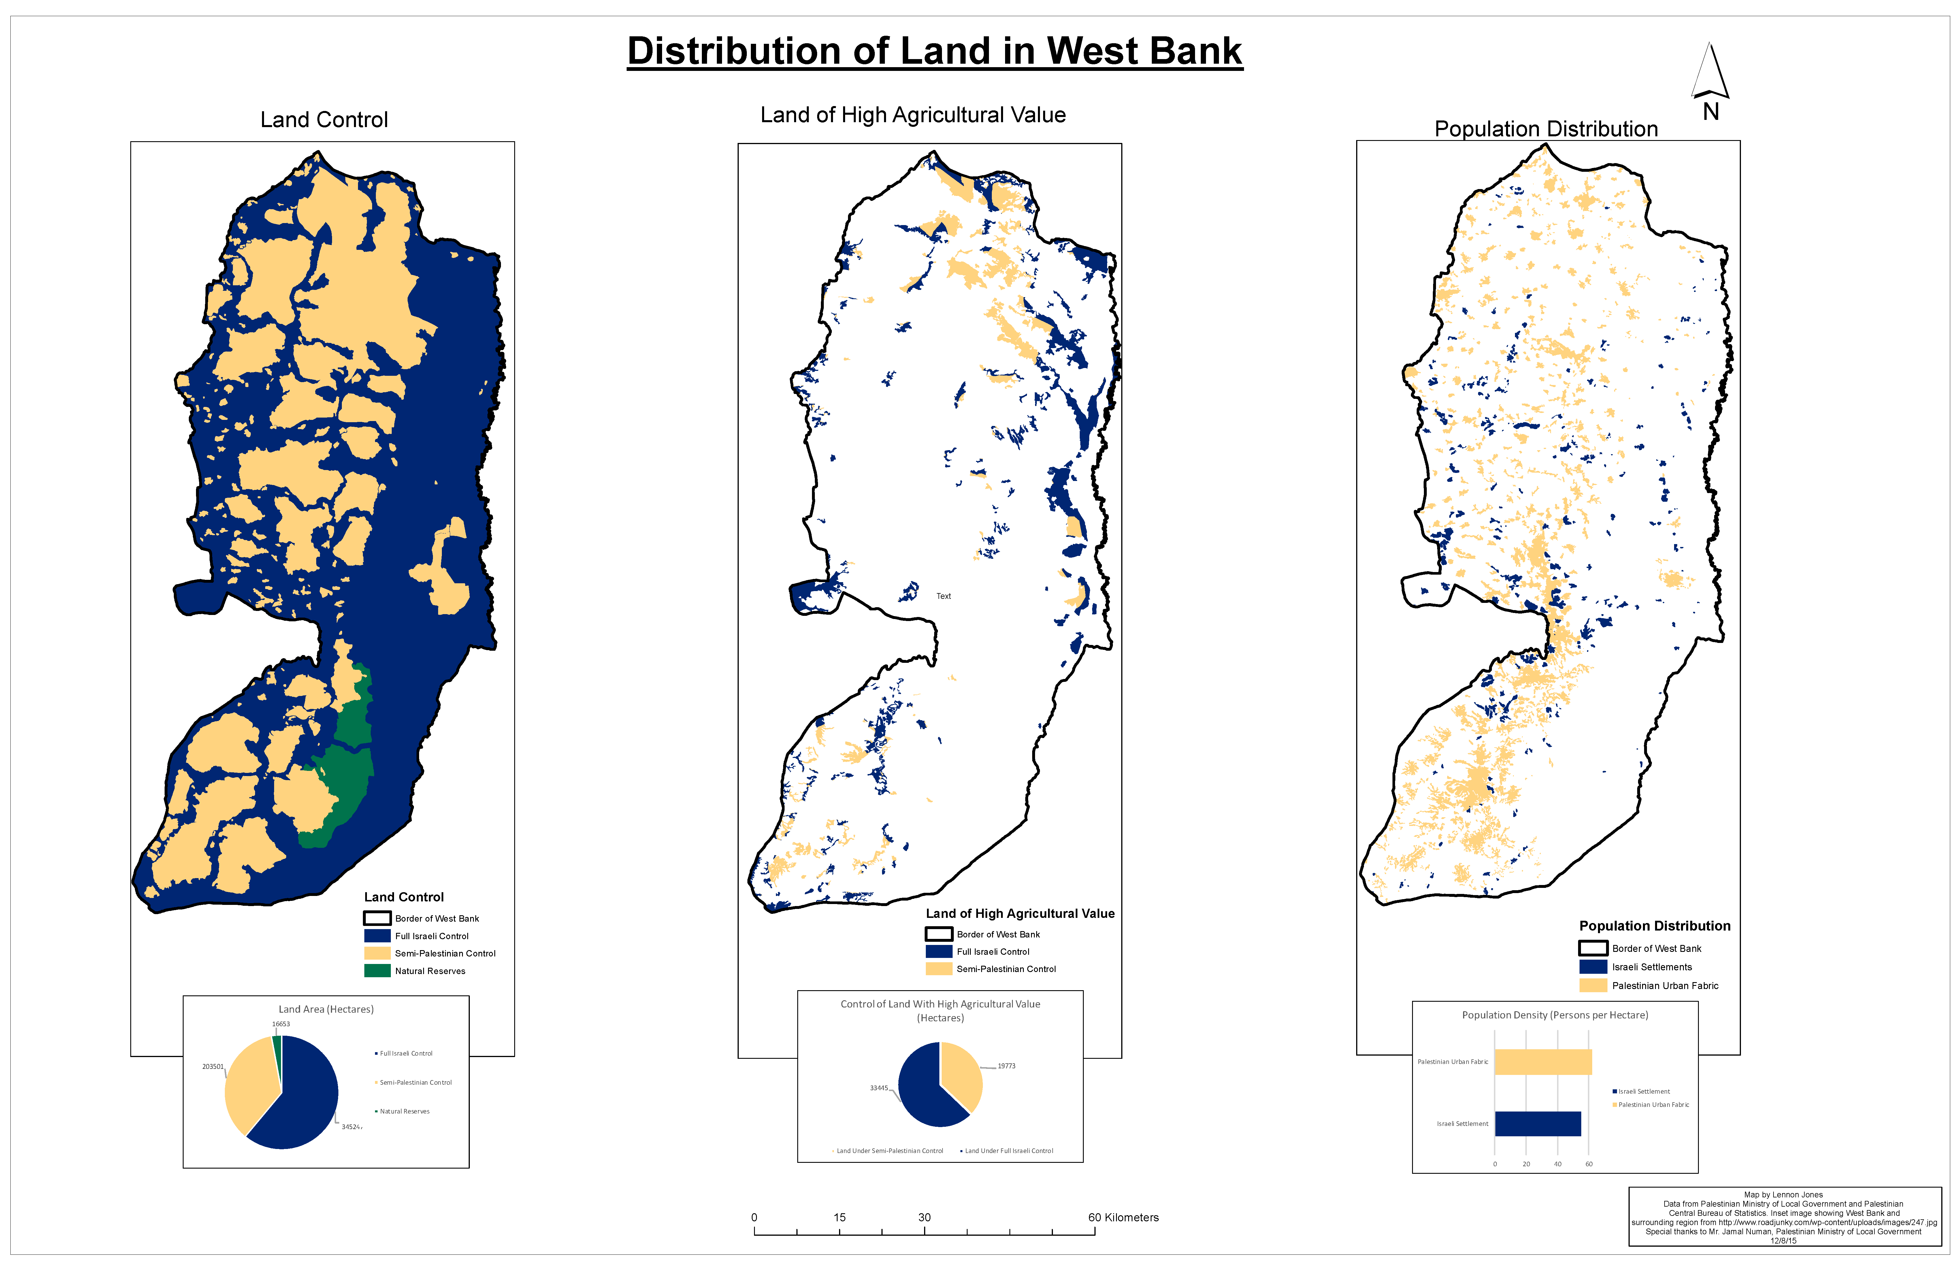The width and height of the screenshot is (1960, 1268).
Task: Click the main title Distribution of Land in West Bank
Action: point(935,51)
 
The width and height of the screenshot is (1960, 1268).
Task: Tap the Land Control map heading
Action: point(324,120)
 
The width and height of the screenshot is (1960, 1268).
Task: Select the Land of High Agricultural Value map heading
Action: point(913,115)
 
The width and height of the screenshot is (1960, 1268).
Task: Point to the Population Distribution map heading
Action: point(1546,129)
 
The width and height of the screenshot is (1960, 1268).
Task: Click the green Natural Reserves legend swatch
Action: point(377,971)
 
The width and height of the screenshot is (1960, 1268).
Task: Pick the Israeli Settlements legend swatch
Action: point(1593,967)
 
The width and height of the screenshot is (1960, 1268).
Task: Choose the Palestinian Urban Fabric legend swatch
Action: point(1593,986)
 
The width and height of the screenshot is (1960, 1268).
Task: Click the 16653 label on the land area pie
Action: point(281,1024)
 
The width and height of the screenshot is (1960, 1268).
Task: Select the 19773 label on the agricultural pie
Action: point(1006,1066)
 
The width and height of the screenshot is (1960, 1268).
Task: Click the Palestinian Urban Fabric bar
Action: point(1542,1062)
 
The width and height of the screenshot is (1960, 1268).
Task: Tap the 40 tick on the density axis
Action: point(1557,1164)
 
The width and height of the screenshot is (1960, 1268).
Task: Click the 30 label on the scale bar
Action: point(925,1218)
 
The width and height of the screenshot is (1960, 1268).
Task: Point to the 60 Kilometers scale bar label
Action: point(1123,1218)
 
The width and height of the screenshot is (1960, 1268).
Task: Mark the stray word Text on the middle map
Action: point(944,596)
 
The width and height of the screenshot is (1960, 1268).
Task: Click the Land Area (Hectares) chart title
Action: point(326,1010)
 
